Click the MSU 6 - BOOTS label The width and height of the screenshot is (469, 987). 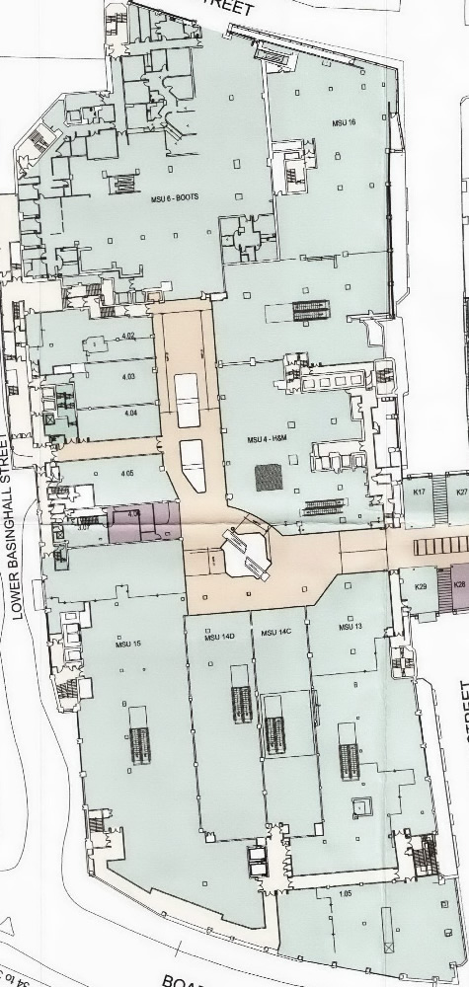175,199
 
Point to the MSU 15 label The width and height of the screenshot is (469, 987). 129,645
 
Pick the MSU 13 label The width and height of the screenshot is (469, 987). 351,627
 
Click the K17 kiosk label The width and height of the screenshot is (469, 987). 420,491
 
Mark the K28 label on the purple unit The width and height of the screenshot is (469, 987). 458,585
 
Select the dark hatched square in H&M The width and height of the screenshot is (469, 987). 269,478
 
